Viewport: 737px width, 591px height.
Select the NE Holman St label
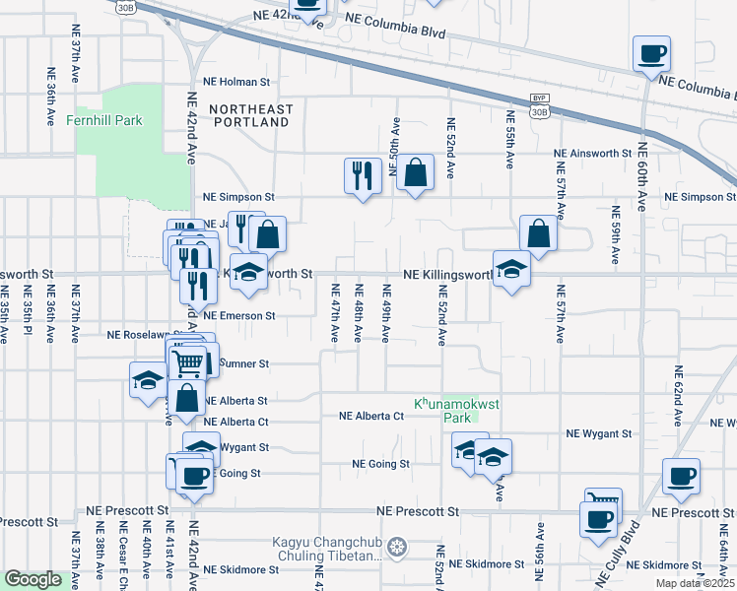[x=236, y=83]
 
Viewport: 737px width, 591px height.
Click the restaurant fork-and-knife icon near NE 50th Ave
[x=363, y=175]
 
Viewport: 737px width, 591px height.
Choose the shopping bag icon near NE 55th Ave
[x=539, y=233]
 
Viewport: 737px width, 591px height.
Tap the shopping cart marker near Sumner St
[x=188, y=362]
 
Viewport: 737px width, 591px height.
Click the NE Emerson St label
[x=239, y=316]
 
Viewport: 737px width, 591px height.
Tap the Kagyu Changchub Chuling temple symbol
[x=397, y=546]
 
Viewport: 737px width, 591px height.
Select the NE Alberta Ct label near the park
[x=371, y=416]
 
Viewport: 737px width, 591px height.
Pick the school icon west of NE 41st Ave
[x=148, y=380]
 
